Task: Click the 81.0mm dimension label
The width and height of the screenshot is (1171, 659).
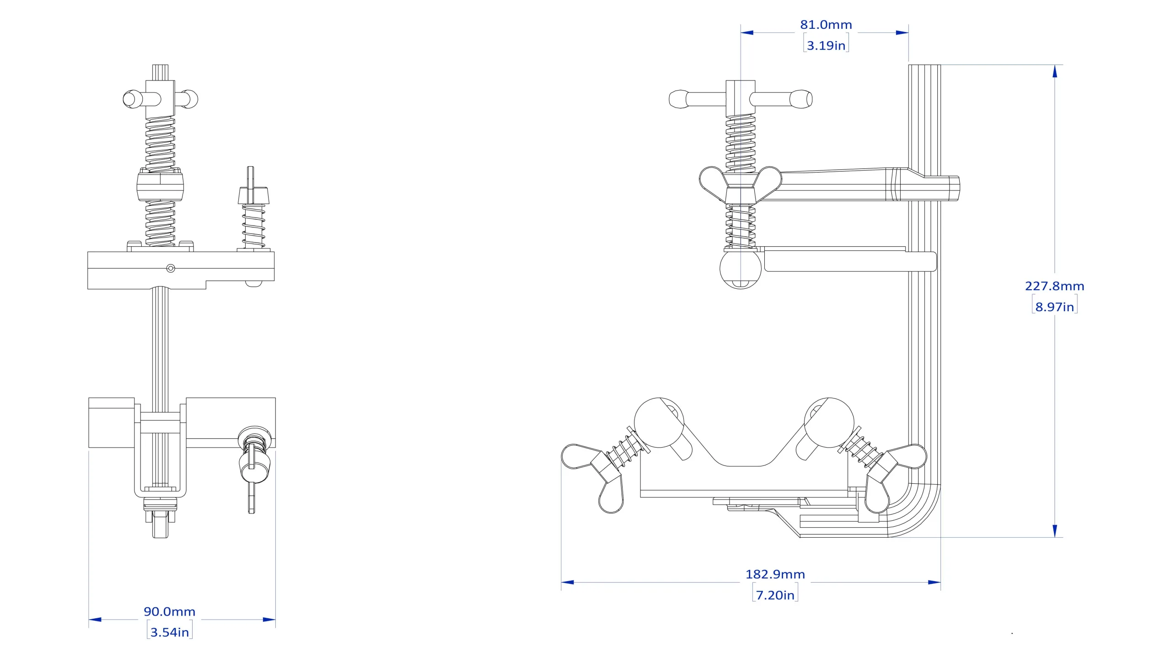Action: tap(826, 25)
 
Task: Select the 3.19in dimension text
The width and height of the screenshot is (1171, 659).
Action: tap(826, 45)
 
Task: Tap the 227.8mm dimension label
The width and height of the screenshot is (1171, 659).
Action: tap(1054, 286)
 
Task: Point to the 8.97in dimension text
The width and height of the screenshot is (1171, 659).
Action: tap(1054, 307)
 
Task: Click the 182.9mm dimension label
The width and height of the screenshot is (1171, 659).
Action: tap(775, 574)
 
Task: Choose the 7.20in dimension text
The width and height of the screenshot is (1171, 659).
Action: tap(775, 595)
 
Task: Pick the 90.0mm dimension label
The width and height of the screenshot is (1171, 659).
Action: tap(170, 611)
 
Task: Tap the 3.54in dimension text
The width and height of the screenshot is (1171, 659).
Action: tap(170, 632)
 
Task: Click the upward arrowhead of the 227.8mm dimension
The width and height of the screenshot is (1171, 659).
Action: tap(1055, 71)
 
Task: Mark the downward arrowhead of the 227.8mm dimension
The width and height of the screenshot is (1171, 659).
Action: tap(1055, 531)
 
